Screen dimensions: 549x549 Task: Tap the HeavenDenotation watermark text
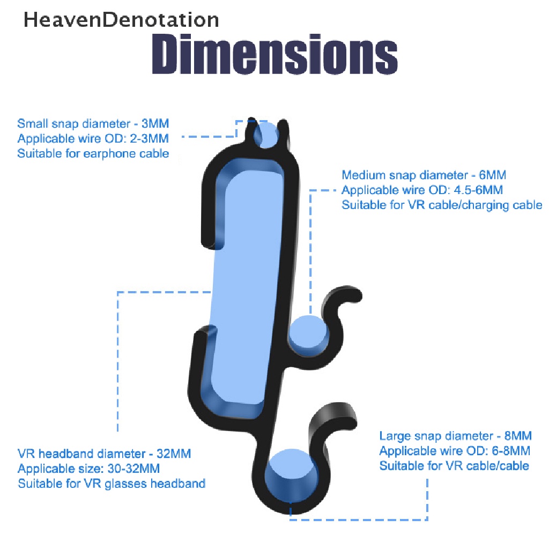point(121,20)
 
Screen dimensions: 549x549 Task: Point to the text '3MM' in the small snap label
point(155,123)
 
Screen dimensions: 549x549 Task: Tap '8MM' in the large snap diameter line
point(517,435)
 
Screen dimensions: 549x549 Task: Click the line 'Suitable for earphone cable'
point(93,154)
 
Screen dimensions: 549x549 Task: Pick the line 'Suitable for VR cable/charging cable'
point(442,205)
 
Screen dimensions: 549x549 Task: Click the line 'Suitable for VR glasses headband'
point(112,484)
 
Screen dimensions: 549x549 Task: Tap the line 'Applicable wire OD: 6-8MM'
point(455,450)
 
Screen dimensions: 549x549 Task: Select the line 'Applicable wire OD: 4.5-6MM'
point(422,190)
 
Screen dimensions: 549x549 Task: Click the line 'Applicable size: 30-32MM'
point(88,469)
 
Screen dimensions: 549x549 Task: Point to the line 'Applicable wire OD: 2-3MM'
point(93,139)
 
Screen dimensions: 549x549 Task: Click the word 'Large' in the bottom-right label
point(394,435)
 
